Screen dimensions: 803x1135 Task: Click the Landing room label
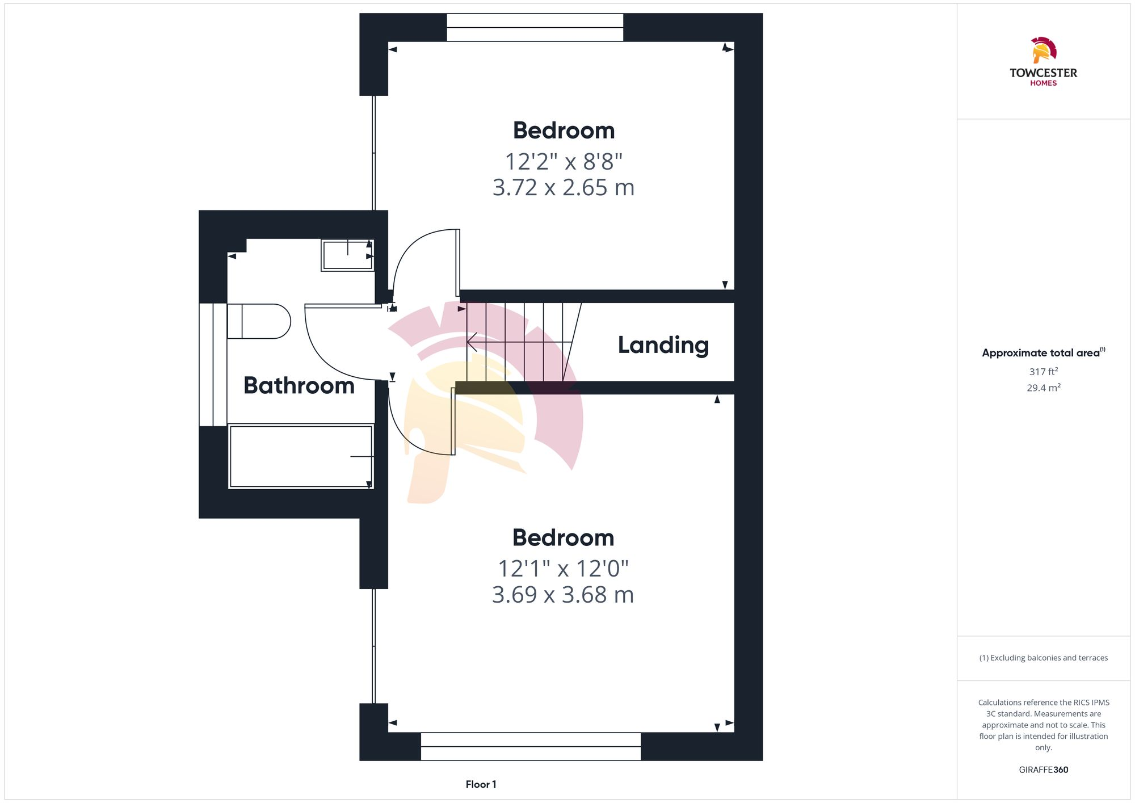[663, 345]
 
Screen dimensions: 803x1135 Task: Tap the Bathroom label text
[299, 386]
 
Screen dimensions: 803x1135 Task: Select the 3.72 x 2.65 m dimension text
[563, 188]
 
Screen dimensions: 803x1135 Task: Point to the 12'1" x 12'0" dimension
[563, 568]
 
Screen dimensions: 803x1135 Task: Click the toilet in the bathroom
[259, 321]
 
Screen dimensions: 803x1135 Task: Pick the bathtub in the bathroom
[300, 456]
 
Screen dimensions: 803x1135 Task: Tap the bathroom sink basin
[347, 255]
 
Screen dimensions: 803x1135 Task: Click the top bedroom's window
[535, 27]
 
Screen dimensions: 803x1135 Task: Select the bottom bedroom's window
[531, 746]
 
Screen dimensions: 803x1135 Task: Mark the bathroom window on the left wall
[213, 364]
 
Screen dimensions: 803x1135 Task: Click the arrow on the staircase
[473, 342]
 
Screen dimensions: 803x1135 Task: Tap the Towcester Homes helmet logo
[1043, 50]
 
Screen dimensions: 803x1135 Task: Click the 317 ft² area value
[1043, 372]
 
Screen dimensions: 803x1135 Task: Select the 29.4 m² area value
[1043, 388]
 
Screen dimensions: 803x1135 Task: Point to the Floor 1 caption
[481, 784]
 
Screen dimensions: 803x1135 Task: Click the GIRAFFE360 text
[1043, 770]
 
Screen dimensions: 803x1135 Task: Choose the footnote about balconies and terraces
[1043, 658]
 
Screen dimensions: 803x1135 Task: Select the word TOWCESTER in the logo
[1043, 73]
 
